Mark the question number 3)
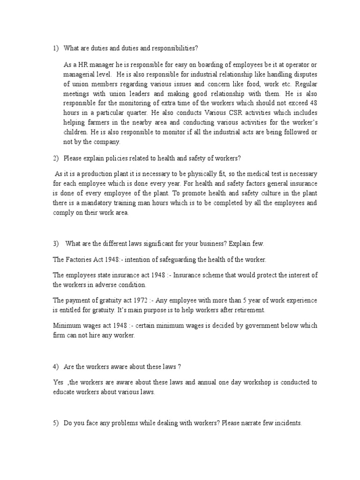[x=55, y=244]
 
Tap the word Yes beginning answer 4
[x=58, y=382]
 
